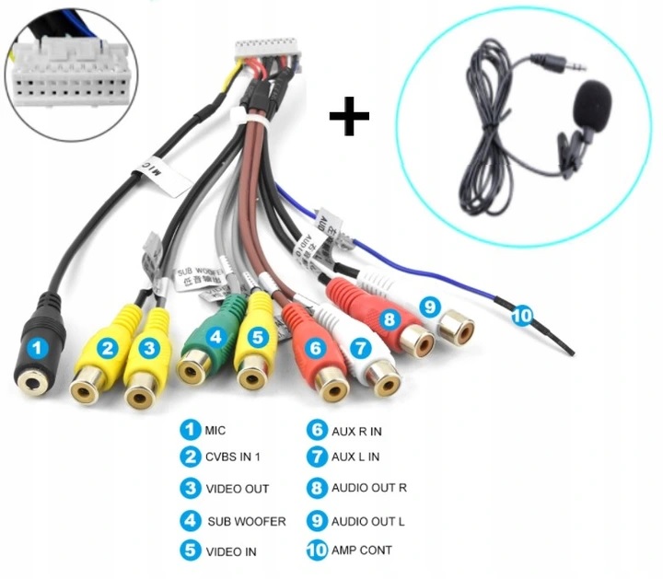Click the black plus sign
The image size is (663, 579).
(350, 118)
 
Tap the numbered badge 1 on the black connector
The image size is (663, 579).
(36, 348)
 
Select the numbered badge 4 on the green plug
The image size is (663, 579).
(216, 337)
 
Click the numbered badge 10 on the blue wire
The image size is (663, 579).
(522, 315)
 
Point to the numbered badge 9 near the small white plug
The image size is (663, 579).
(431, 306)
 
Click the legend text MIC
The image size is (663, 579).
(215, 430)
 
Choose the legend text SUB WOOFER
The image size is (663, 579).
(246, 521)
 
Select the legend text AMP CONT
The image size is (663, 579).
(362, 550)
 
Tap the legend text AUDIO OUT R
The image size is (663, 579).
(368, 489)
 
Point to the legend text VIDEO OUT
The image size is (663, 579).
(238, 489)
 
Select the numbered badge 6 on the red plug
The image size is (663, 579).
(316, 348)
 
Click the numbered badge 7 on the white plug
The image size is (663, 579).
(360, 348)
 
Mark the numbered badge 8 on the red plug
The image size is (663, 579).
(390, 318)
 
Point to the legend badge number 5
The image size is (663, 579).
(190, 550)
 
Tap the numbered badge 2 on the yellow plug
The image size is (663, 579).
(109, 348)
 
